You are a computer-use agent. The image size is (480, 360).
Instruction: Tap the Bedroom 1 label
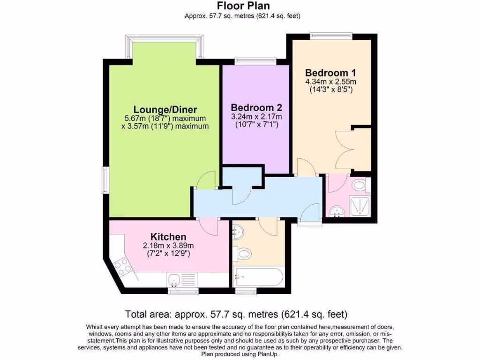click(330, 73)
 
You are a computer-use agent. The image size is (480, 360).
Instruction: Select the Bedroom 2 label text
click(256, 107)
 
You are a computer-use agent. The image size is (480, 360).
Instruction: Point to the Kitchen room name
click(168, 237)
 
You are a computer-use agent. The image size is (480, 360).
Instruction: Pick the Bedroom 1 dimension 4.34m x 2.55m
click(330, 82)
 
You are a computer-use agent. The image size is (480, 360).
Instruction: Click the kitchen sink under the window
click(175, 280)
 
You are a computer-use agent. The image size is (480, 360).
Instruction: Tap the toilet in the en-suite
click(360, 185)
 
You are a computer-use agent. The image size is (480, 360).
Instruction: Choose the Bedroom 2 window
click(255, 60)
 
